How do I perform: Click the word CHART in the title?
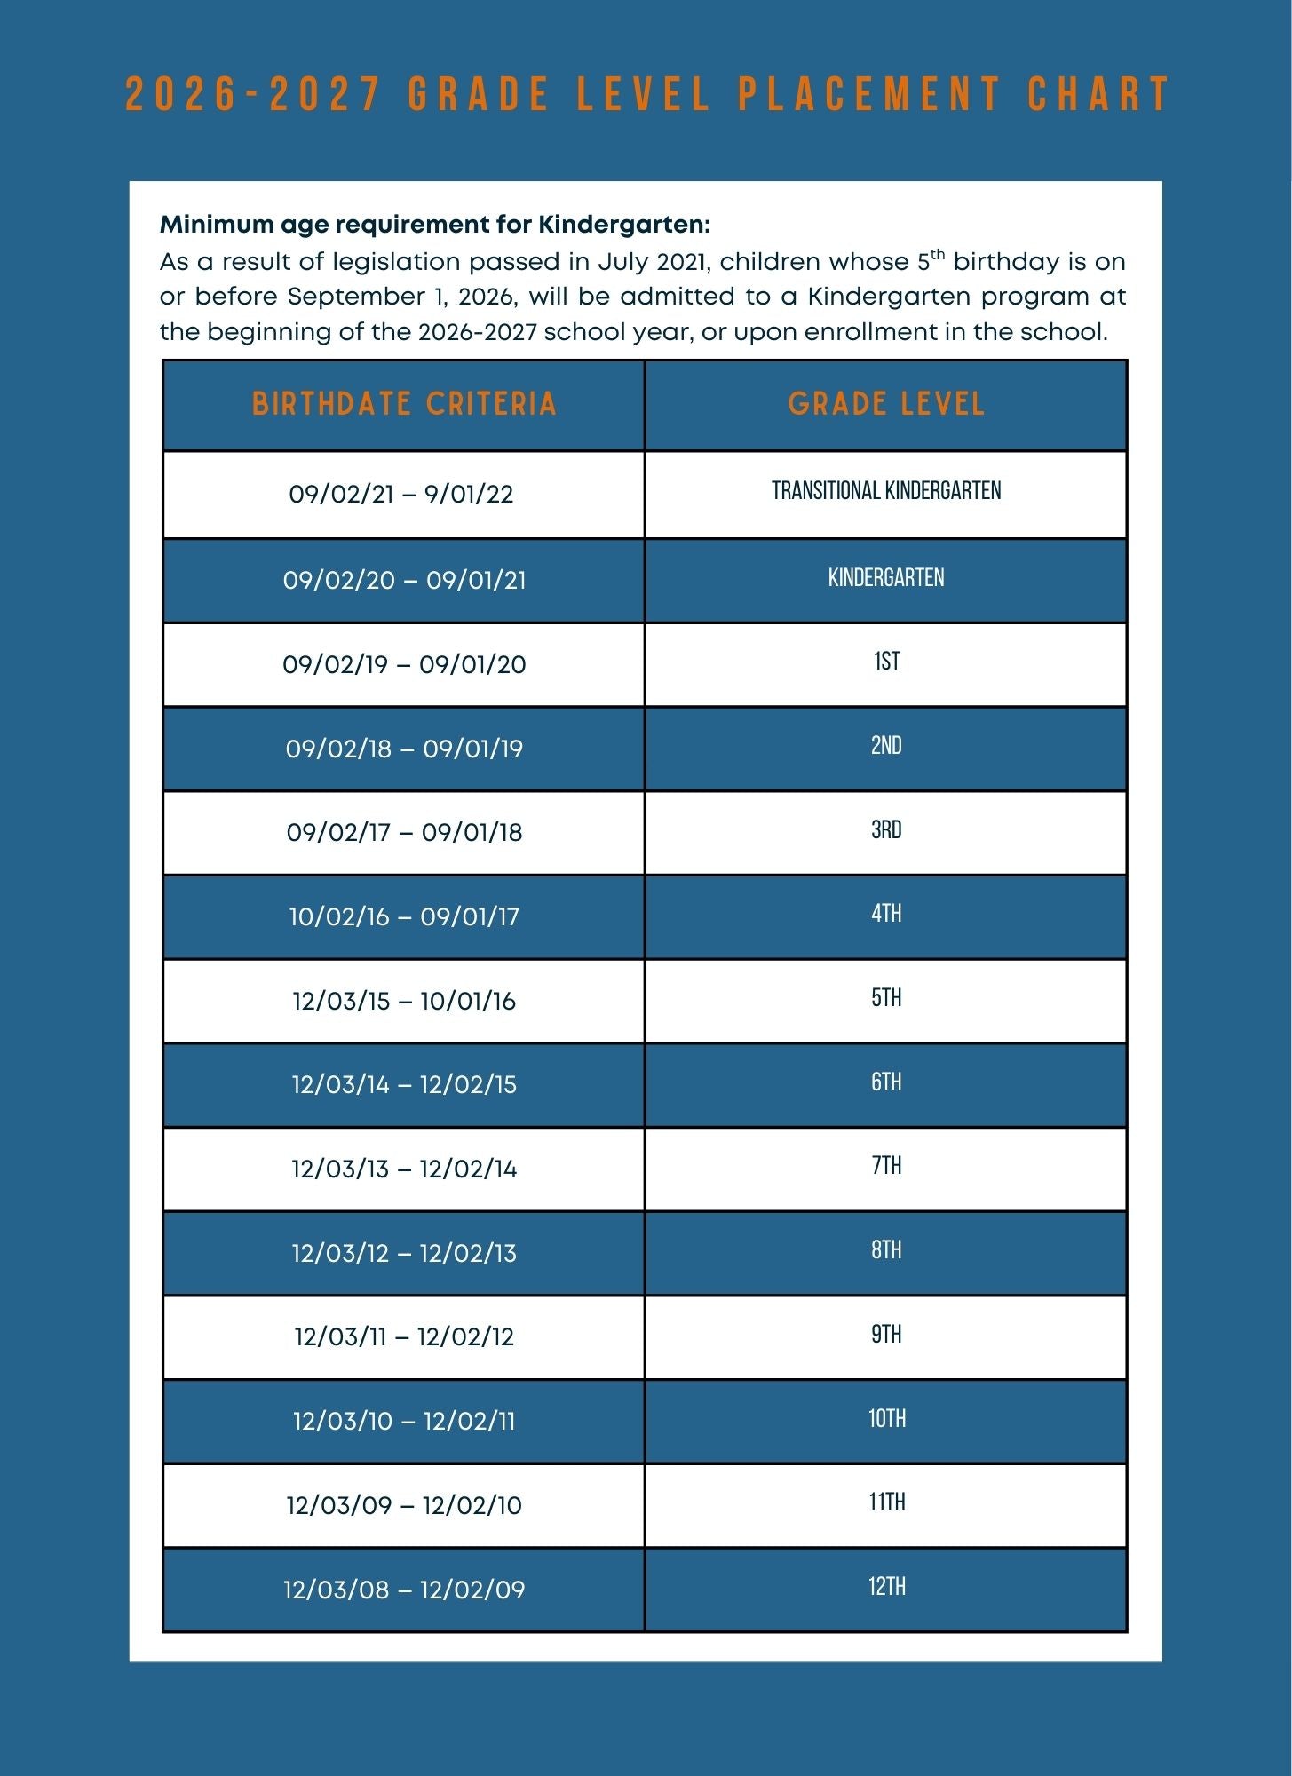click(x=1099, y=94)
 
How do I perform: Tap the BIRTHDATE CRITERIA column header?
click(x=404, y=405)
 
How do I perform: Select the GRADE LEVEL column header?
click(x=886, y=405)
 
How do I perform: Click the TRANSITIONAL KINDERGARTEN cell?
click(x=886, y=491)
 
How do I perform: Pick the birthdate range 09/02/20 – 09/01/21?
click(x=404, y=581)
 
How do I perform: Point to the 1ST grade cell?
click(x=886, y=662)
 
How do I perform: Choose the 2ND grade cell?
click(x=886, y=746)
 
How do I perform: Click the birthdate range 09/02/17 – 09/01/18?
click(x=404, y=833)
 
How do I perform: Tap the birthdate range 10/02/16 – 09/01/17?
click(x=404, y=916)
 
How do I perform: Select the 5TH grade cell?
click(x=886, y=998)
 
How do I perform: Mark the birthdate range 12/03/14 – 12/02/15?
click(x=404, y=1085)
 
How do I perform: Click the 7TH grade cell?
click(x=886, y=1166)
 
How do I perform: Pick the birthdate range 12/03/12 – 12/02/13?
click(x=404, y=1253)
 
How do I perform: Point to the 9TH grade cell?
click(x=886, y=1335)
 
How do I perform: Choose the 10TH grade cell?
click(x=886, y=1419)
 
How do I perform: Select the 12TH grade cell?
click(x=886, y=1587)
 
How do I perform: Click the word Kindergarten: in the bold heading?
click(x=624, y=226)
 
